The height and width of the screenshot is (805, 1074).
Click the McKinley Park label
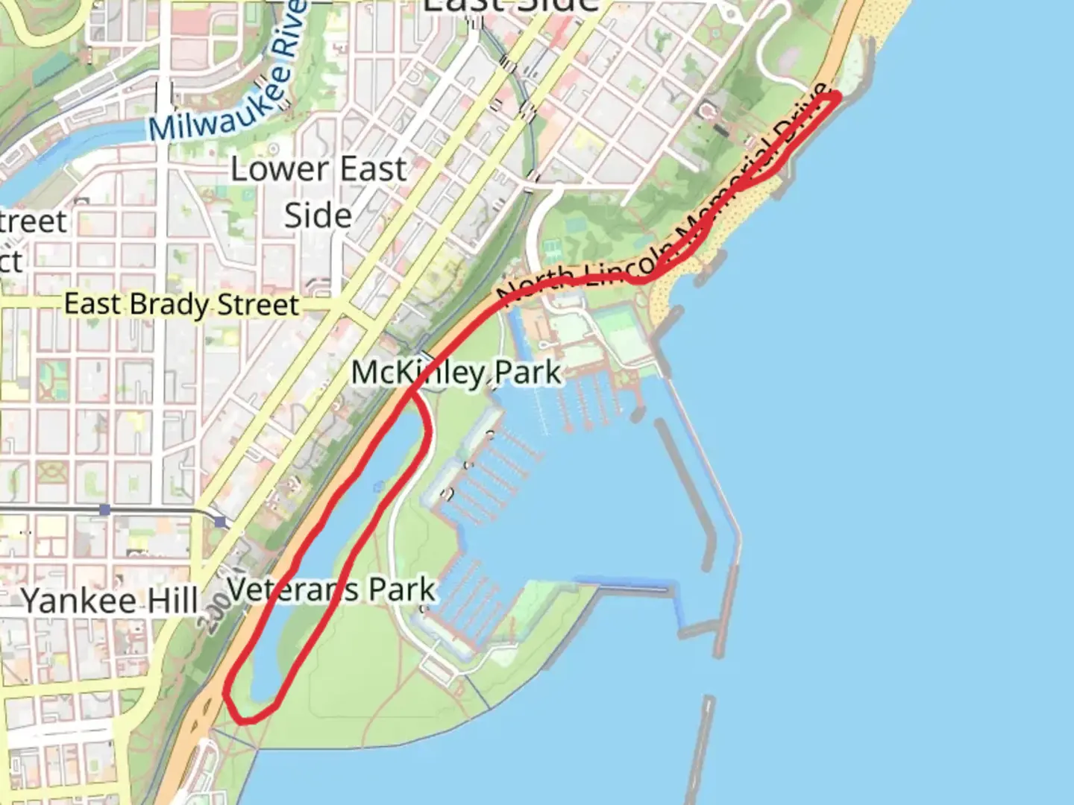click(x=456, y=372)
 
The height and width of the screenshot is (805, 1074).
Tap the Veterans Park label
click(x=331, y=590)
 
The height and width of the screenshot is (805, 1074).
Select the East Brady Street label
click(x=181, y=304)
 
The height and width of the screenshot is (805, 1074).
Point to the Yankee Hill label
click(x=110, y=601)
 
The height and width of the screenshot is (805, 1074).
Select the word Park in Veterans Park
click(x=402, y=590)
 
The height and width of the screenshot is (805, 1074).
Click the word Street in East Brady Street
click(x=258, y=305)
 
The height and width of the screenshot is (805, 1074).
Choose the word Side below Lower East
click(x=318, y=215)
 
